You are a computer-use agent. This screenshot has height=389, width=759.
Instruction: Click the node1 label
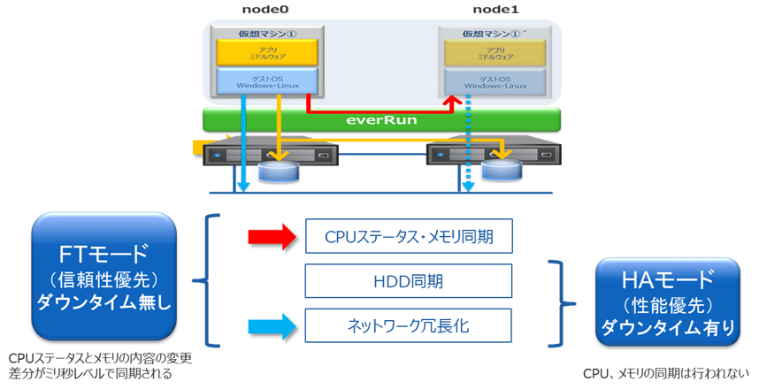tap(498, 10)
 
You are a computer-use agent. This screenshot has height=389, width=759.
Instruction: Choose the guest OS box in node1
tap(498, 80)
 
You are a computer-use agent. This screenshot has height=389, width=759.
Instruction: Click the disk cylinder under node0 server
tap(279, 171)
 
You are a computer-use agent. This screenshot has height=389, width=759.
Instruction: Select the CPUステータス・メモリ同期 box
tap(409, 236)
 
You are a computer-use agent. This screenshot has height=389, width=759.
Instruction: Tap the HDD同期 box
tap(409, 282)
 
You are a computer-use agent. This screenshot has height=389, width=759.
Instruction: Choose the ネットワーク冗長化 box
tap(409, 326)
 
